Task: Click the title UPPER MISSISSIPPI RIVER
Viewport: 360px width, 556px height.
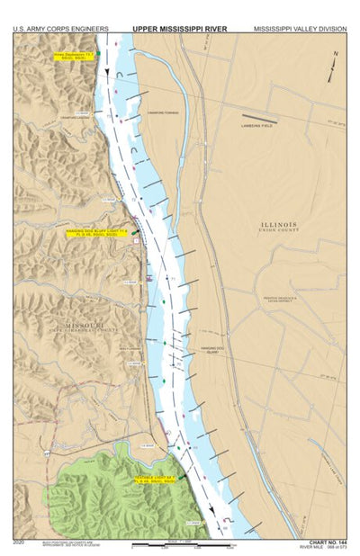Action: (179, 29)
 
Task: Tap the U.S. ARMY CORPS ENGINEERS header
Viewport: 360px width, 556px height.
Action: (56, 29)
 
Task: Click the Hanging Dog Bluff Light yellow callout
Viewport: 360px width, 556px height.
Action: (97, 232)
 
